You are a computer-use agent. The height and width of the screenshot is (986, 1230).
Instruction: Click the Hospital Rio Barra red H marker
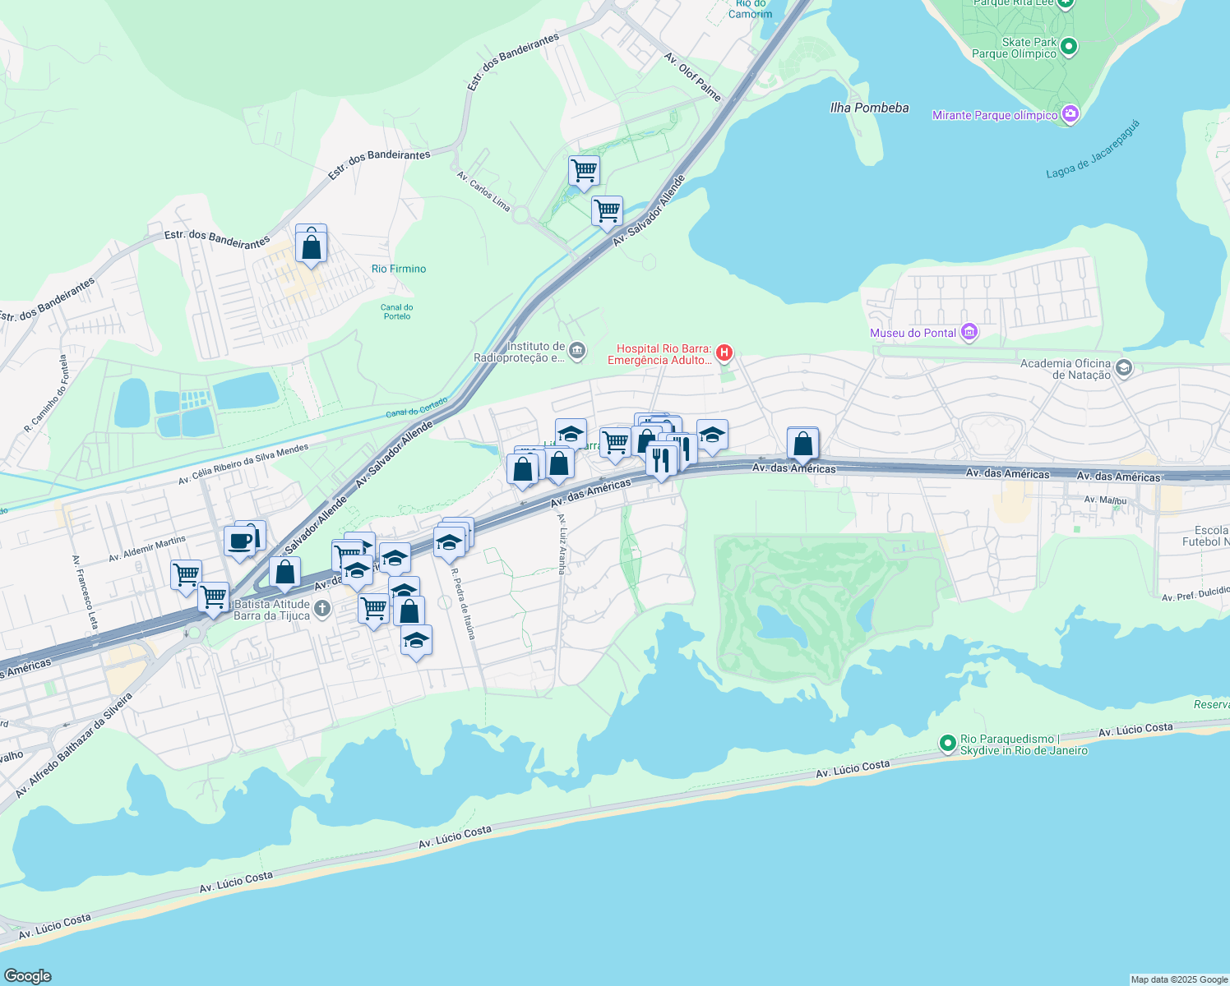724,353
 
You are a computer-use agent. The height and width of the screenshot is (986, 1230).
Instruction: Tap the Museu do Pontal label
913,333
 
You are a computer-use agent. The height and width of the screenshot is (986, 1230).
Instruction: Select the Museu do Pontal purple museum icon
969,332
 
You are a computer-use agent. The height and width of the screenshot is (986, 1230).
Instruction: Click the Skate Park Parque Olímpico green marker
1069,47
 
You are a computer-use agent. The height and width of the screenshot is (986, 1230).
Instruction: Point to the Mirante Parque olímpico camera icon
1070,114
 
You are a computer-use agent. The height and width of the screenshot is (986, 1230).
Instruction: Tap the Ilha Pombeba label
869,108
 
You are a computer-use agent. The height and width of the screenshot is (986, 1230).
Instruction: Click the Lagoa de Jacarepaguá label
1093,150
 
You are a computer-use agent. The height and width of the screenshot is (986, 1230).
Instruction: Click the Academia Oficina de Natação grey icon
1124,368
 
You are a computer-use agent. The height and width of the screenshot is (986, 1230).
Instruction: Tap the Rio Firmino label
399,269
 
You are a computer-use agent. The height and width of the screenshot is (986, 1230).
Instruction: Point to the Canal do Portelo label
397,311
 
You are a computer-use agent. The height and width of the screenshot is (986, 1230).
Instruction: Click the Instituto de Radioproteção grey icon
577,352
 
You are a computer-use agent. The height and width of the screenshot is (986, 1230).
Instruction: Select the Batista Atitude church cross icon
321,609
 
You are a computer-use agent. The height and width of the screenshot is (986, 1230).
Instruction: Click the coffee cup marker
240,541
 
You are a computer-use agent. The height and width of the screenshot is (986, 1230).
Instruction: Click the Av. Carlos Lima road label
483,191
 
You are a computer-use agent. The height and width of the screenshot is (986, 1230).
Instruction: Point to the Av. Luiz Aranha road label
562,543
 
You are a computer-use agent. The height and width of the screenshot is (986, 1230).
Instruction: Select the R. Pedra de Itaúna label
463,603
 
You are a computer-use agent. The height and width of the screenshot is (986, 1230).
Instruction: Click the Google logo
27,976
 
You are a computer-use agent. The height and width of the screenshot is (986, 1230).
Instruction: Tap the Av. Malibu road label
1104,500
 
